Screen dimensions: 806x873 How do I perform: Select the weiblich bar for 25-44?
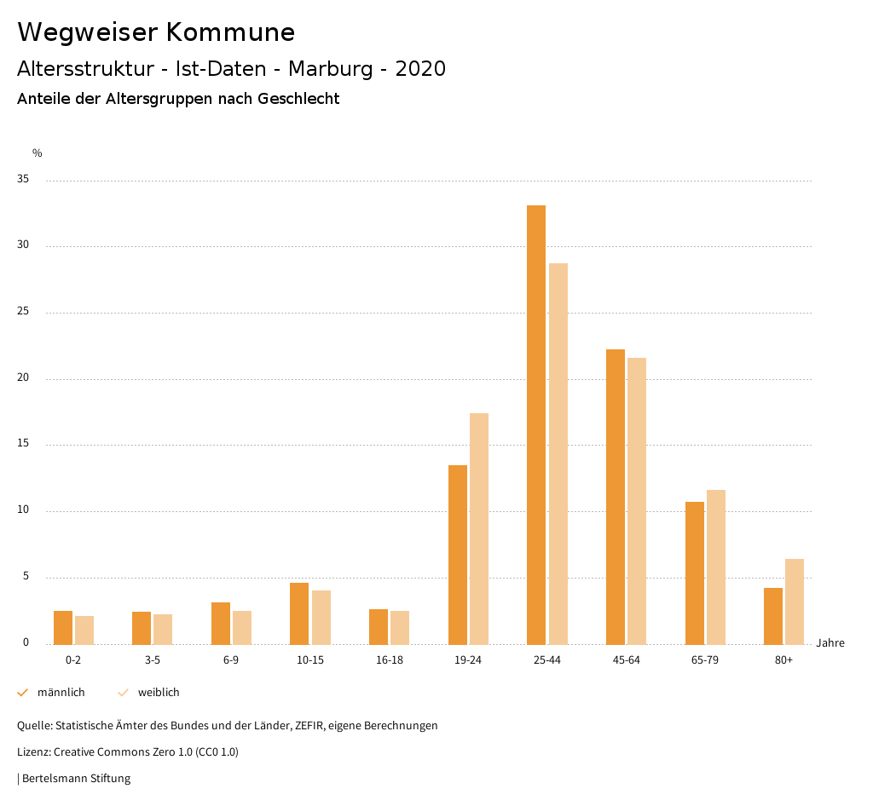pos(558,453)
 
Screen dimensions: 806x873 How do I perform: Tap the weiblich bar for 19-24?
pos(479,528)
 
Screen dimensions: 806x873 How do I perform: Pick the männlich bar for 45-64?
pos(616,497)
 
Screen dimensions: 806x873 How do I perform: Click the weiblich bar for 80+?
pos(795,602)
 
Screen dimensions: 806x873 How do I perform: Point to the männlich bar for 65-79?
pos(695,573)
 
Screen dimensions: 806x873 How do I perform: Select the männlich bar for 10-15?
pos(299,613)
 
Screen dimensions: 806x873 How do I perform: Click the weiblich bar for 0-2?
pos(84,630)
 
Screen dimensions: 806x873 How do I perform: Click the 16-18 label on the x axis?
pos(389,660)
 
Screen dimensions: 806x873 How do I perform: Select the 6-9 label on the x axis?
pos(231,660)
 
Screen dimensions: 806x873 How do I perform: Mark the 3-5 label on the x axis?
pos(152,660)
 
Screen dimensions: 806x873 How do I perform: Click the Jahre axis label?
pos(830,643)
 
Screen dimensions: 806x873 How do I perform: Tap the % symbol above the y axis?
pos(38,153)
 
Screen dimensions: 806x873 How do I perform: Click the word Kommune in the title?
pos(230,32)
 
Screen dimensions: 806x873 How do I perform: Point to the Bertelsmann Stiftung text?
pos(76,779)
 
